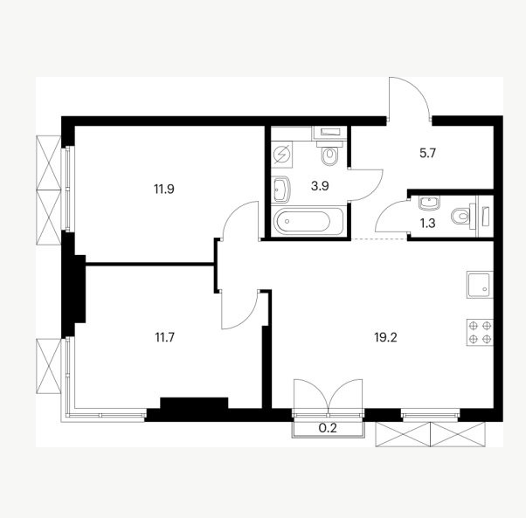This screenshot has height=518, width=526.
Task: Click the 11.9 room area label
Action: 164,189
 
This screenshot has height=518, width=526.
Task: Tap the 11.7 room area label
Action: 165,337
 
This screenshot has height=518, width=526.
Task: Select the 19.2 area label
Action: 385,337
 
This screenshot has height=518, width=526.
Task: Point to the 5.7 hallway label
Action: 427,153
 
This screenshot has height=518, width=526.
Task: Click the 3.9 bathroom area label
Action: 320,186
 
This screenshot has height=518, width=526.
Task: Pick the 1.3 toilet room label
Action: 428,223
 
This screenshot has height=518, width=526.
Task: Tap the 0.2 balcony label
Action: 328,428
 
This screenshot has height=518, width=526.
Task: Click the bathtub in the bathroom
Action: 308,221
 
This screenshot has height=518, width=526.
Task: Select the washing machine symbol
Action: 281,155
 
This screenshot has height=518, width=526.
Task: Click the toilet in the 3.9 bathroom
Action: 329,153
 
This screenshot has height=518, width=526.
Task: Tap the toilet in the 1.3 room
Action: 464,216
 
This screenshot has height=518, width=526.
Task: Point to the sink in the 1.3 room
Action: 429,204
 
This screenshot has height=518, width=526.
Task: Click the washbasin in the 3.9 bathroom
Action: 280,190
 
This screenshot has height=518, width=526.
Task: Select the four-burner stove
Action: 480,332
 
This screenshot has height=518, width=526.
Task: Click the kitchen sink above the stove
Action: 480,285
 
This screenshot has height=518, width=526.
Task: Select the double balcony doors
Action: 328,396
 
